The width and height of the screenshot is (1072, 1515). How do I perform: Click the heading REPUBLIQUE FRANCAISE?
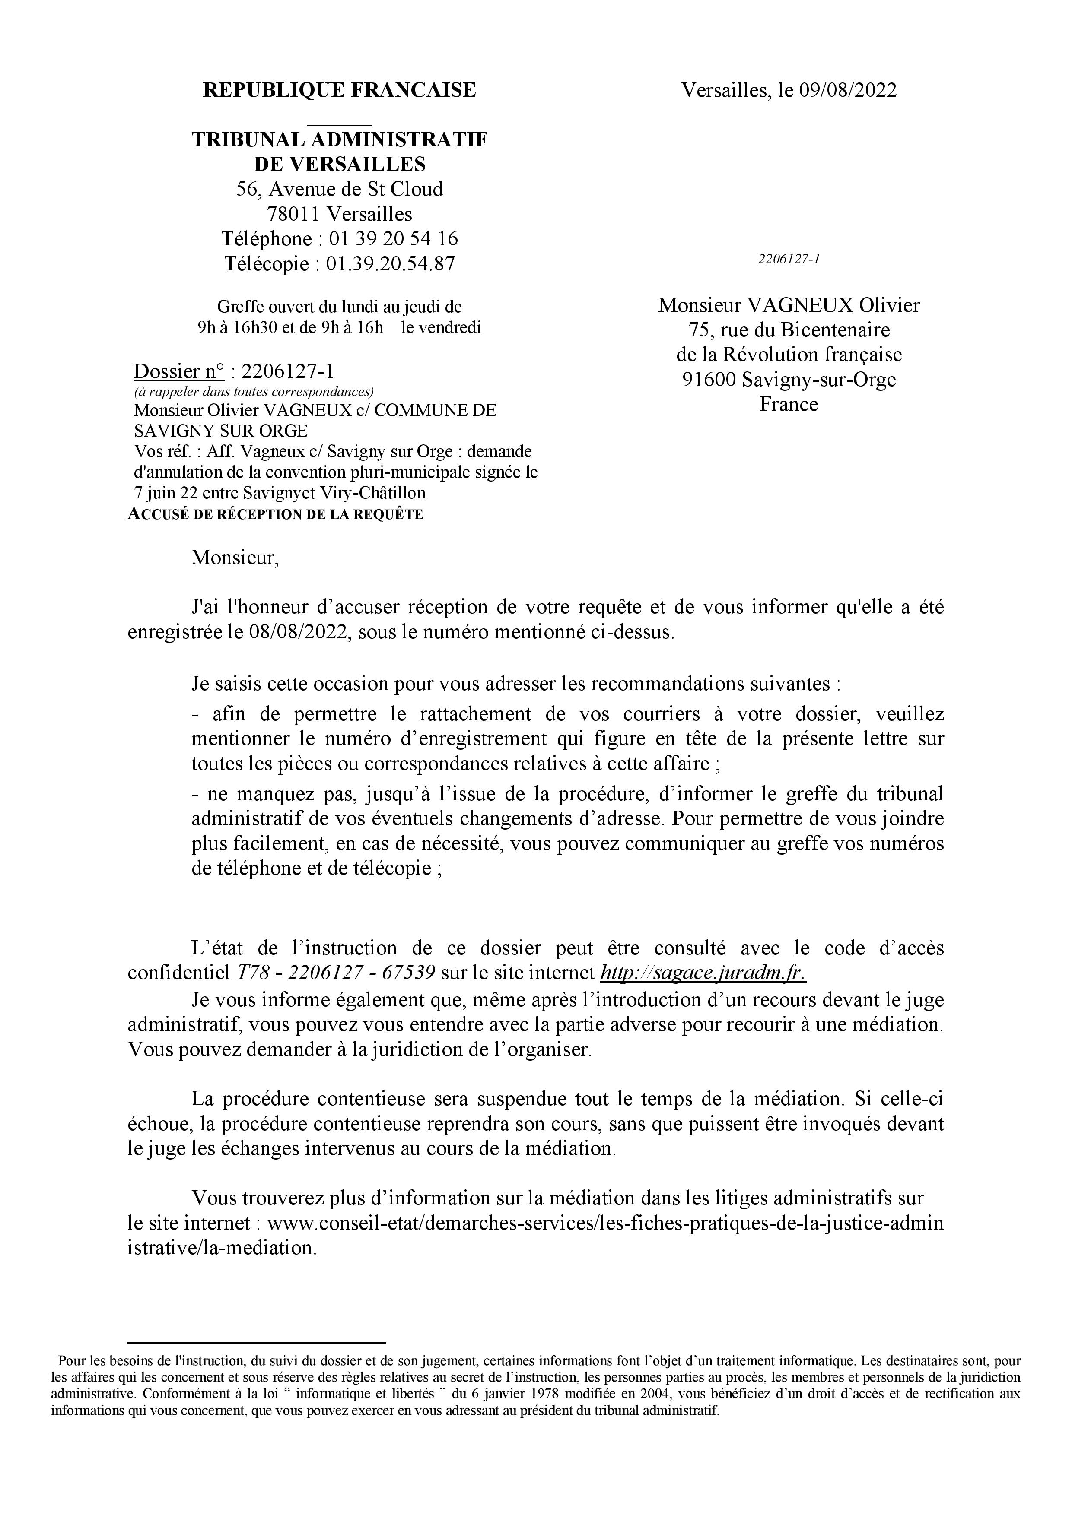[339, 90]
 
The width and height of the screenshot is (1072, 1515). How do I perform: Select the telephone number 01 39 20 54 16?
[393, 238]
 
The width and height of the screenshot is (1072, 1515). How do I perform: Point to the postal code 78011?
[294, 214]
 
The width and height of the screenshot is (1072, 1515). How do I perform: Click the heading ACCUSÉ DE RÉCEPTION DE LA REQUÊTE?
[275, 515]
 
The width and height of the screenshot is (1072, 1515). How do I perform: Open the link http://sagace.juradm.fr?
[702, 973]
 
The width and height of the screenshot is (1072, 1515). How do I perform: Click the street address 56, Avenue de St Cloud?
[339, 189]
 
